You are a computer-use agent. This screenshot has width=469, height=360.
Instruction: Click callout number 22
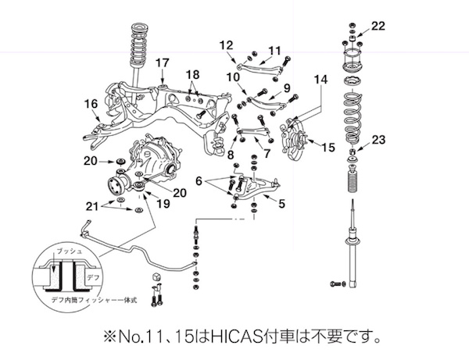coord(378,27)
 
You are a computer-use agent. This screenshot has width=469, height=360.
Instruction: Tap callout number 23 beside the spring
coord(378,141)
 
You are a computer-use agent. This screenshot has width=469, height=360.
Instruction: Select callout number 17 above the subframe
coord(162,62)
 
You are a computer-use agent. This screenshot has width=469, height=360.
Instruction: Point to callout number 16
coord(91,103)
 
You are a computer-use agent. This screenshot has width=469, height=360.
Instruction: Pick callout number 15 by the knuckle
coord(328,146)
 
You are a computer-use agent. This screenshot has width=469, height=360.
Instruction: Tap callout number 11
coord(274,51)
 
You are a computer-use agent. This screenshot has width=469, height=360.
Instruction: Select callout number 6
coord(199,180)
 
